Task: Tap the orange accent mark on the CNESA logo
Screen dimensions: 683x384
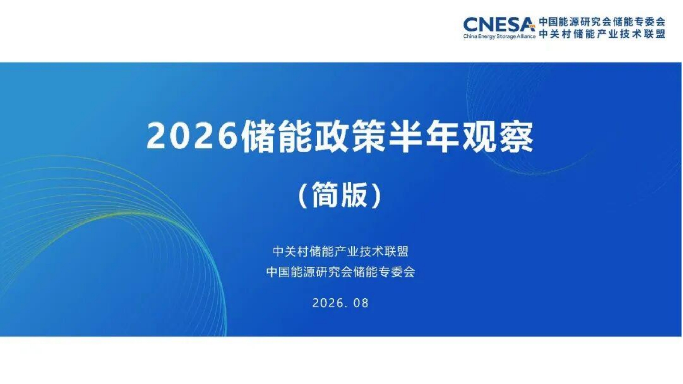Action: [531, 26]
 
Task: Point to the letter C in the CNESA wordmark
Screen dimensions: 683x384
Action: [471, 25]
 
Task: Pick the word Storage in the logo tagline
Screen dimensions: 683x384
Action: [505, 36]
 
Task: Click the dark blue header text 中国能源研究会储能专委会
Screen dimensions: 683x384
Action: [602, 22]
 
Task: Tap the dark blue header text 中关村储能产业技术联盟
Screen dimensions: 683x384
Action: [602, 34]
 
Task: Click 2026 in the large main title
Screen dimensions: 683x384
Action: [192, 136]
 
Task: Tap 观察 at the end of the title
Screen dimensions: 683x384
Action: [498, 136]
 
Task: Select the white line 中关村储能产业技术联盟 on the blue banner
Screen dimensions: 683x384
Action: [341, 252]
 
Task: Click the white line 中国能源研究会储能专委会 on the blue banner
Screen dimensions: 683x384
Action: [341, 272]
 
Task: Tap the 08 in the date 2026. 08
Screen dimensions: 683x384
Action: [361, 303]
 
